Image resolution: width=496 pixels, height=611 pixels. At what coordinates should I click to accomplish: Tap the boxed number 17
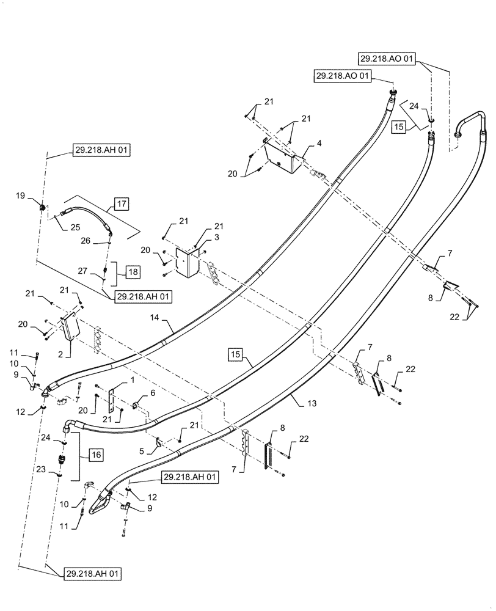pos(120,203)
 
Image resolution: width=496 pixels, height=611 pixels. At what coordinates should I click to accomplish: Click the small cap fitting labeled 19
pos(42,208)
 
